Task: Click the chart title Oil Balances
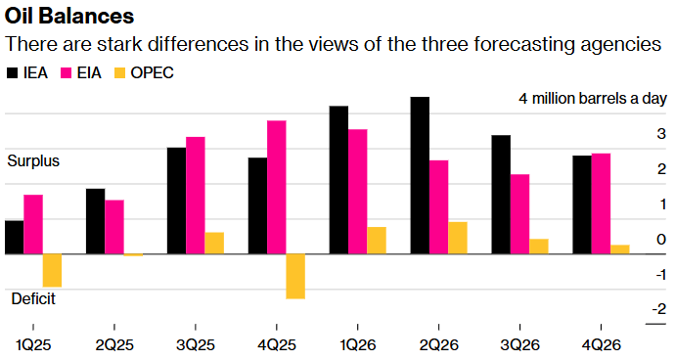[x=70, y=17]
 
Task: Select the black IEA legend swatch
[x=13, y=73]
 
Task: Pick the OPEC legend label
[x=154, y=73]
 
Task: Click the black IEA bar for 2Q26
[x=420, y=175]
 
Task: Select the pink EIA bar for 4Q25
[x=277, y=187]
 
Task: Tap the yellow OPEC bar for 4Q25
[x=295, y=276]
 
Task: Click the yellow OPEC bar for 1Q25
[x=52, y=270]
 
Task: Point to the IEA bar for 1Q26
[x=338, y=180]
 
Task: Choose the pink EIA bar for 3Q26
[x=519, y=214]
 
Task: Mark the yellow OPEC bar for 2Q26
[x=458, y=238]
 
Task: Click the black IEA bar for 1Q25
[x=14, y=237]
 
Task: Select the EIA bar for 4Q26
[x=601, y=203]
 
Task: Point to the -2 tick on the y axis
[x=660, y=309]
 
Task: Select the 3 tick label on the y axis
[x=662, y=134]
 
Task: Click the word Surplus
[x=33, y=160]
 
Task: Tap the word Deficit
[x=32, y=297]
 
